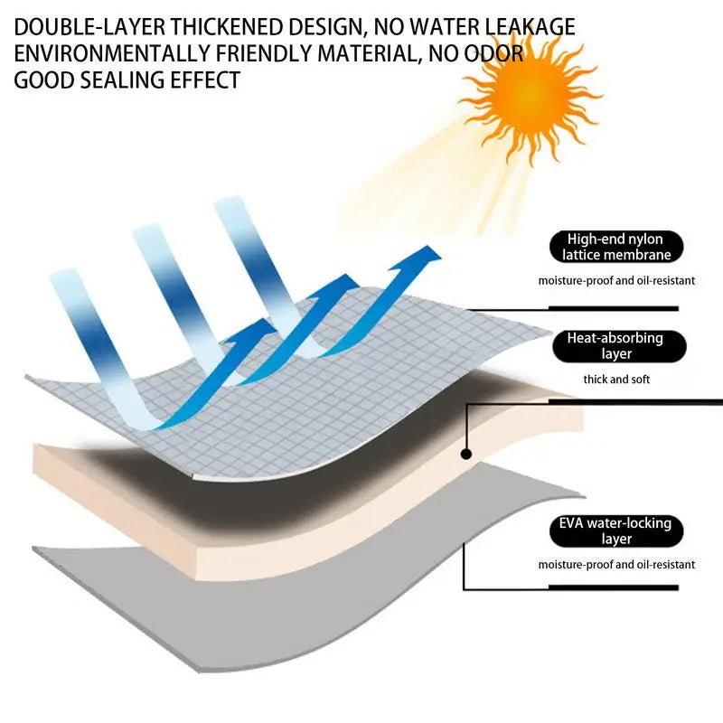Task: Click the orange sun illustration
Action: [531, 96]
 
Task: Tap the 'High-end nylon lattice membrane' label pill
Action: [616, 247]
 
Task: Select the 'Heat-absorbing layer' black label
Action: [619, 346]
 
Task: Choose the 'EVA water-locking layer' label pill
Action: [616, 531]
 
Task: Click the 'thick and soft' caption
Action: [616, 380]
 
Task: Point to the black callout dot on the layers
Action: [466, 455]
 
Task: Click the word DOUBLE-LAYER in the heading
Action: [89, 27]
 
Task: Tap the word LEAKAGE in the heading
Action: [530, 27]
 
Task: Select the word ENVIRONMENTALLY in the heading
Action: [112, 53]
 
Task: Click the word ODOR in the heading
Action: [493, 53]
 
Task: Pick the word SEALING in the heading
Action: [122, 80]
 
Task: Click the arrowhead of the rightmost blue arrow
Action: [424, 257]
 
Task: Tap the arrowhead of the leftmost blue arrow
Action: [254, 329]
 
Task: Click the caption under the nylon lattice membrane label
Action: [616, 281]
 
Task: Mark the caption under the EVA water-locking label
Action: [616, 565]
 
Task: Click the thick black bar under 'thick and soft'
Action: [635, 402]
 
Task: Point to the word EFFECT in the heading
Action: [205, 80]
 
